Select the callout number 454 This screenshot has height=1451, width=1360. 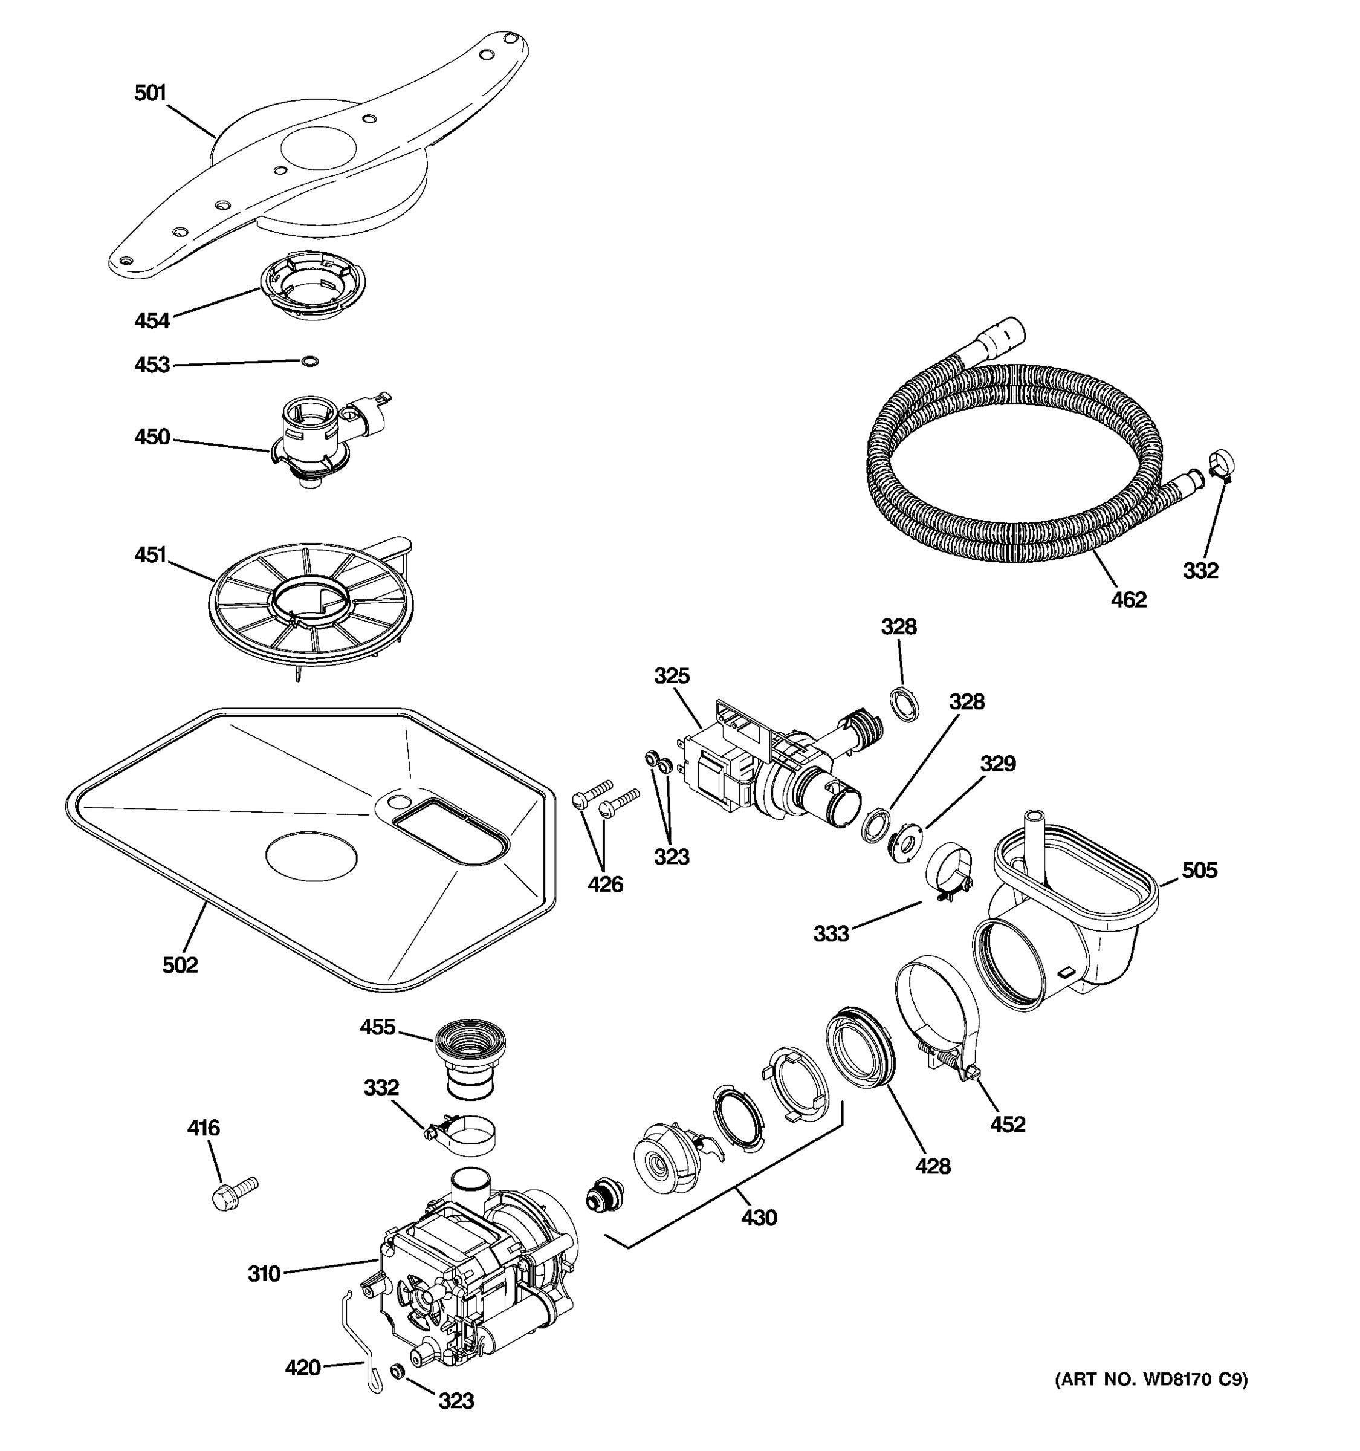pyautogui.click(x=152, y=320)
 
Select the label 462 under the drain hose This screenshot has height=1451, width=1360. pyautogui.click(x=1128, y=600)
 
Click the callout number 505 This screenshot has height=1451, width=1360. pyautogui.click(x=1199, y=870)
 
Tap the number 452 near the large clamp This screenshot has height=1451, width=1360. pyautogui.click(x=1008, y=1125)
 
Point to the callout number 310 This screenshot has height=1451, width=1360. pyautogui.click(x=264, y=1274)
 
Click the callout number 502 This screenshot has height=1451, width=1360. pyautogui.click(x=180, y=965)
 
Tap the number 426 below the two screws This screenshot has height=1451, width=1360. pyautogui.click(x=606, y=885)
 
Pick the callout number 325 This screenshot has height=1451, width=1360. pyautogui.click(x=672, y=676)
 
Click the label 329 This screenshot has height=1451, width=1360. pyautogui.click(x=997, y=764)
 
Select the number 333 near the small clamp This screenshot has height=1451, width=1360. pyautogui.click(x=831, y=933)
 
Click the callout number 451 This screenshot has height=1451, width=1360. pyautogui.click(x=151, y=555)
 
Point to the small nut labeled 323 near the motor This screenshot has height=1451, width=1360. pyautogui.click(x=398, y=1371)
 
